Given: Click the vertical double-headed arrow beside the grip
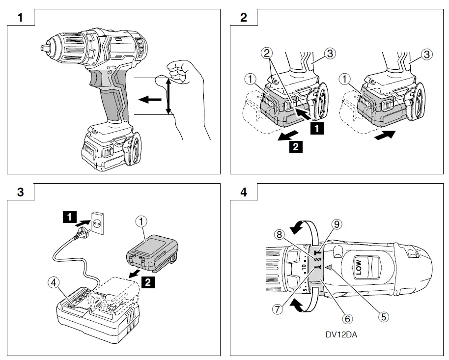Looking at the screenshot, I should click(x=168, y=96).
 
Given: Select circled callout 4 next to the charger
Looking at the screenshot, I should click(x=54, y=282).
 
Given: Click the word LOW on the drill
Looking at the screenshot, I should click(x=359, y=267).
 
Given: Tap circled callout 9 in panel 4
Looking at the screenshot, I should click(x=337, y=224).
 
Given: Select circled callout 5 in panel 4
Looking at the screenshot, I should click(x=382, y=315).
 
